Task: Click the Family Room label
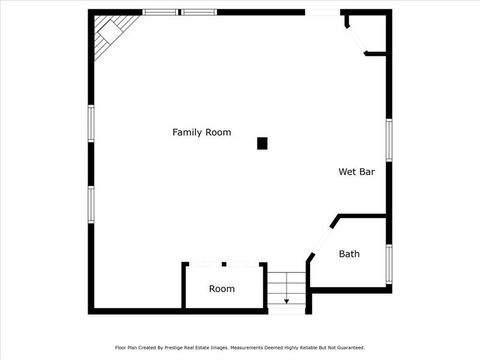[201, 132]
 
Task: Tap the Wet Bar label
[356, 172]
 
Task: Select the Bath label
[349, 254]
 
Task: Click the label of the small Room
[222, 289]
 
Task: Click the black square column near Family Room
[262, 143]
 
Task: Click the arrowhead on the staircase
[287, 300]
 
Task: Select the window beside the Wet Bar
[388, 140]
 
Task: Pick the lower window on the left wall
[90, 203]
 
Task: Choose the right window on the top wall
[199, 12]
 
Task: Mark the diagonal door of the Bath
[322, 238]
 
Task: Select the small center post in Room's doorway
[224, 264]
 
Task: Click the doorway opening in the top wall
[322, 12]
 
